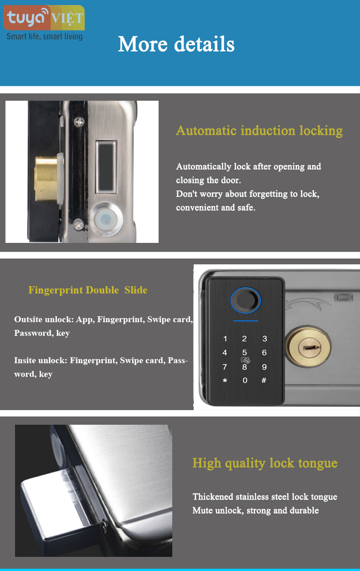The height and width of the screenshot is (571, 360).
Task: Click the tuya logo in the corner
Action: pos(44,18)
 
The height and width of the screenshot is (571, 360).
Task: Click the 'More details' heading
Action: pos(176,44)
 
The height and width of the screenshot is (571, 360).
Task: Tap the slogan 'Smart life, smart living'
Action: pos(44,37)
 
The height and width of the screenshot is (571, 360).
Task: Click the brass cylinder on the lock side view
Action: pos(46,179)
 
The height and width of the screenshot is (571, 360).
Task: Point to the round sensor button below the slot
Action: pos(106,219)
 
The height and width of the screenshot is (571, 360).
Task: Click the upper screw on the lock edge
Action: pos(79,122)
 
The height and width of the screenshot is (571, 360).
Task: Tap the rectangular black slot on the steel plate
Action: pos(106,167)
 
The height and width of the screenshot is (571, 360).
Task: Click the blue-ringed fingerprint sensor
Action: pos(246,301)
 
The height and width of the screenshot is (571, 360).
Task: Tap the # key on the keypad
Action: pos(264,381)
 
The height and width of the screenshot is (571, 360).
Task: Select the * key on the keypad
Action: pos(225,381)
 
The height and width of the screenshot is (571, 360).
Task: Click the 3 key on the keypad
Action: pos(265,339)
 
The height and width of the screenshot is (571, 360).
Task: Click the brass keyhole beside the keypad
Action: pos(308,347)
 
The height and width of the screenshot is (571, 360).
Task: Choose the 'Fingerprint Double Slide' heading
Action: pos(87,290)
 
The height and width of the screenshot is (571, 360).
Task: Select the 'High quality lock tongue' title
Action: pos(265,463)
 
